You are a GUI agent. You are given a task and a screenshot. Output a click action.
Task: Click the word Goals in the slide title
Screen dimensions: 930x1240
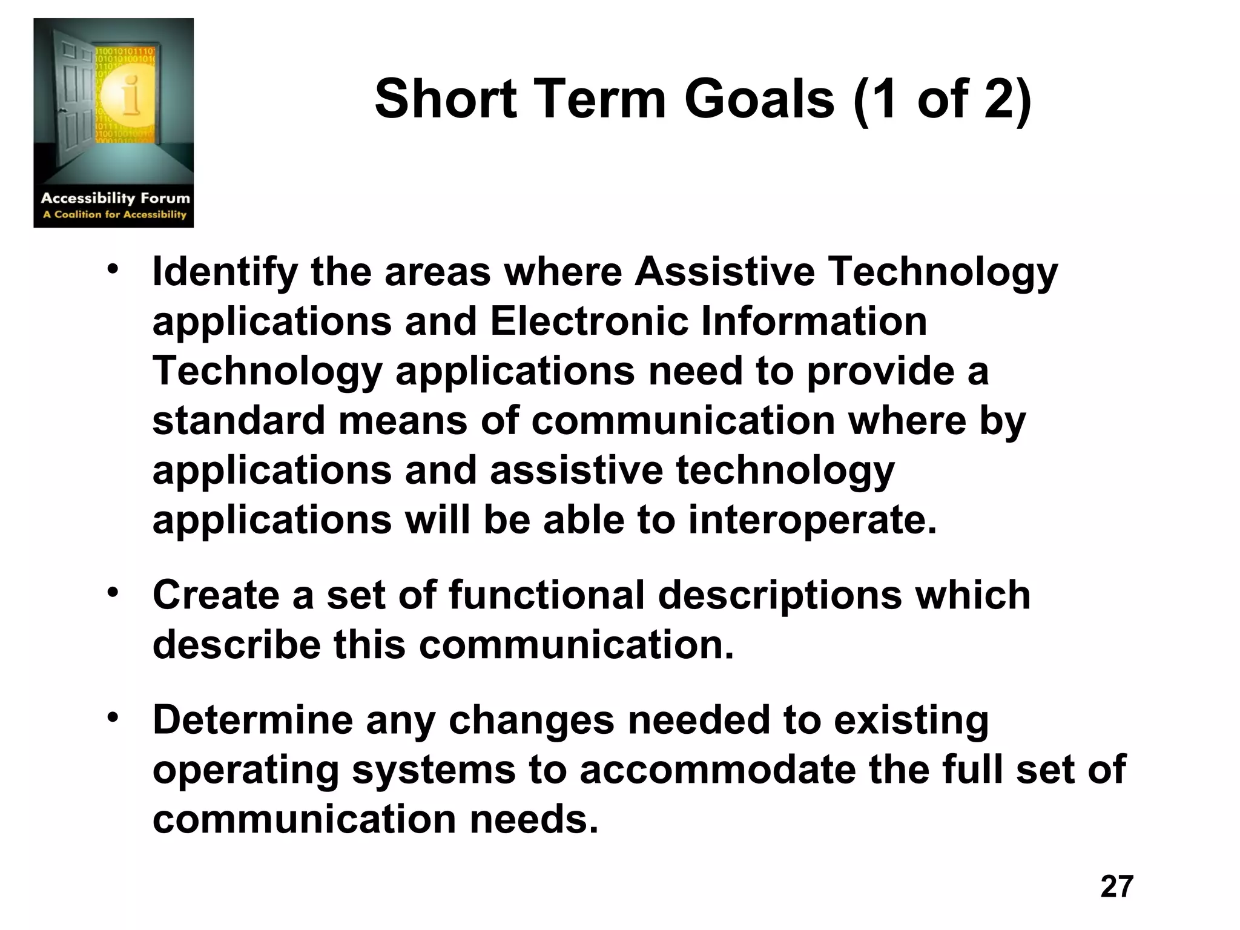click(x=759, y=100)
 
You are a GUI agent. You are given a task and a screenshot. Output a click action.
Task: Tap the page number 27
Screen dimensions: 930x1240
click(x=1116, y=886)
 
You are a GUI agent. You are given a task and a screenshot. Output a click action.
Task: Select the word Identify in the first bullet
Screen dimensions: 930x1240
click(x=225, y=272)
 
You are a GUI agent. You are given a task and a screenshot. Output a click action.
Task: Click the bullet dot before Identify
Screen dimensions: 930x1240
click(x=113, y=269)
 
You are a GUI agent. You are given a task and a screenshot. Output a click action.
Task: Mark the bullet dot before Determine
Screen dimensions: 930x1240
click(x=113, y=717)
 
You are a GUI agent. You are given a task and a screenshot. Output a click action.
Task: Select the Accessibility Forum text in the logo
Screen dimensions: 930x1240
click(x=115, y=198)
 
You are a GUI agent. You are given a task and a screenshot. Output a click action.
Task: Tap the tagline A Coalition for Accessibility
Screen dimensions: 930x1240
click(x=114, y=214)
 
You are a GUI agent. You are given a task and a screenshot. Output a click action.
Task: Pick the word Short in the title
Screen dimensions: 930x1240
click(x=446, y=100)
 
